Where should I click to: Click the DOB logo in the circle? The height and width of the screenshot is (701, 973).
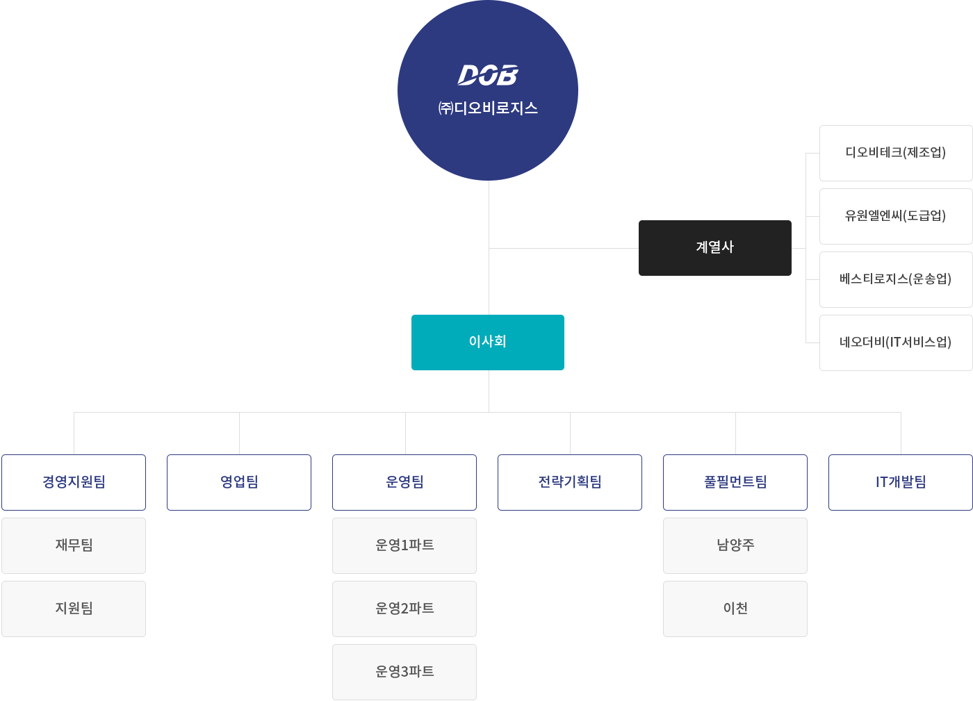488,75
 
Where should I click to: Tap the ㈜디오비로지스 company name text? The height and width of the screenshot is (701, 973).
488,108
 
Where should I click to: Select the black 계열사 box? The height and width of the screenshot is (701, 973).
714,248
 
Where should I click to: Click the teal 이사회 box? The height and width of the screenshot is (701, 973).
488,343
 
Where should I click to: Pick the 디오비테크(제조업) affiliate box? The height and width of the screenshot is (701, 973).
896,153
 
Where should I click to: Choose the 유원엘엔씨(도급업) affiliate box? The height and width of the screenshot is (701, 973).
896,216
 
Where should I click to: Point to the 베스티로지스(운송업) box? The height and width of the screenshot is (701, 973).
896,279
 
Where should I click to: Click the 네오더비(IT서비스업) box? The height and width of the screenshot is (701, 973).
896,343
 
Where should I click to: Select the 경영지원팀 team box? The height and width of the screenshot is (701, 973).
74,482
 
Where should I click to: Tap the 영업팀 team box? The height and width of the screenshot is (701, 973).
239,482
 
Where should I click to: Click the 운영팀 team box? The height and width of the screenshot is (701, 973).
404,482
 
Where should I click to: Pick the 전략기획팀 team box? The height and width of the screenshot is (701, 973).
570,482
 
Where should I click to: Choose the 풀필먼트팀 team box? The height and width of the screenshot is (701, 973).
735,482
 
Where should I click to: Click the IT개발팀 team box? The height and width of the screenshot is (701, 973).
901,482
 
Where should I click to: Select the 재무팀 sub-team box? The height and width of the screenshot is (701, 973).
74,545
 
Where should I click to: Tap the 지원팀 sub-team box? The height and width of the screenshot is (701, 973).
74,609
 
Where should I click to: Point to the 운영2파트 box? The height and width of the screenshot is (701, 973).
404,609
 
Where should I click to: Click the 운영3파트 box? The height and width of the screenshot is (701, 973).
404,672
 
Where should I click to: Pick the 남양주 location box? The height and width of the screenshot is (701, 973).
735,545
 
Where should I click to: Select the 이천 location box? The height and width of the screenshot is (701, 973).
735,609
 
